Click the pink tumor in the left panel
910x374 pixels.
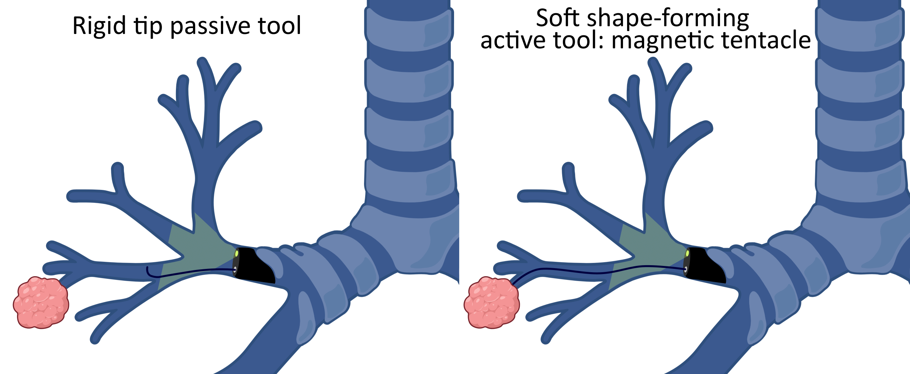coord(41,302)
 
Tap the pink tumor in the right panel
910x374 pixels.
coord(491,302)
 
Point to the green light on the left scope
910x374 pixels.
coord(236,254)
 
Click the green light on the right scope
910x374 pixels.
coord(687,254)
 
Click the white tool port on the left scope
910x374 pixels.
coord(235,270)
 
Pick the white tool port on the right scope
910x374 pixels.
coord(685,270)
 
